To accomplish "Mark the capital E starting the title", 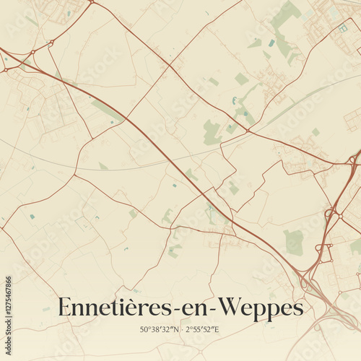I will (65, 307).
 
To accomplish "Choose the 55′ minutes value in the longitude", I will (199, 329).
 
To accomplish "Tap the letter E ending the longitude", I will (216, 329).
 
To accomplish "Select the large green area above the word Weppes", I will (293, 241).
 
